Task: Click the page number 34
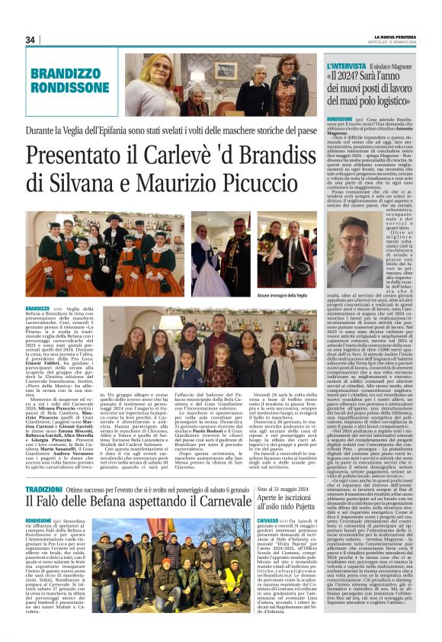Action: (31, 40)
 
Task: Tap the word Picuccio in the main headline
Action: (254, 184)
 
